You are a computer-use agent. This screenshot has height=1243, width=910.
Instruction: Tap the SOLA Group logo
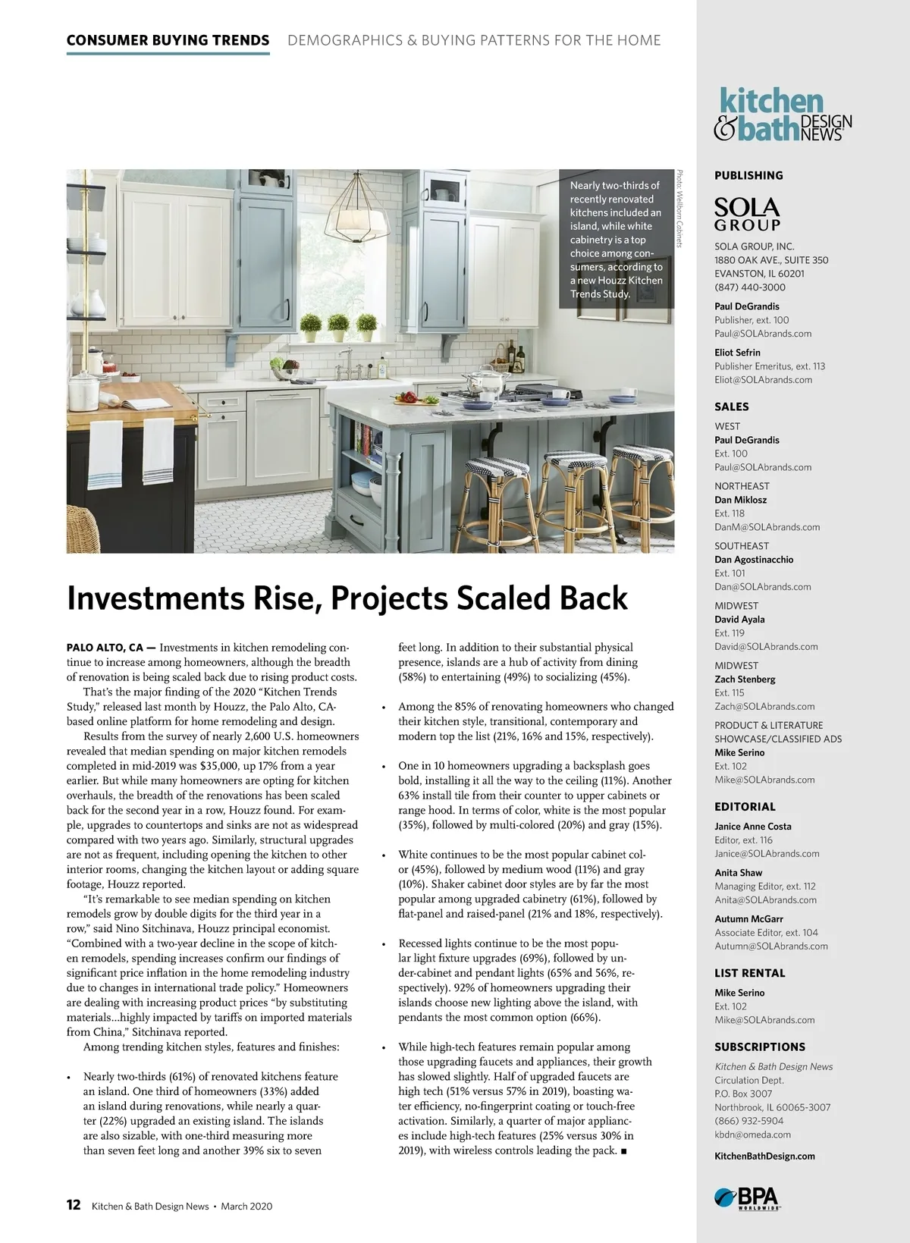[x=747, y=214]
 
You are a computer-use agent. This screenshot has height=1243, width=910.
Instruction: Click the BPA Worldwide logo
[x=748, y=1197]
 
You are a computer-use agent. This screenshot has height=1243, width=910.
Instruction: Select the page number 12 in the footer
[x=74, y=1205]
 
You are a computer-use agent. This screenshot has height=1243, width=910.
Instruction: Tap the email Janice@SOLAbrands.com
[x=767, y=853]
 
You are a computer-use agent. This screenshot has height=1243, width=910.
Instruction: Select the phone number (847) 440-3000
[x=749, y=287]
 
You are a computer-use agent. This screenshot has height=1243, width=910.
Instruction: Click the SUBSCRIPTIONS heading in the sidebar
[x=759, y=1047]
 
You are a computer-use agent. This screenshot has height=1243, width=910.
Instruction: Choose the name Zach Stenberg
[x=745, y=679]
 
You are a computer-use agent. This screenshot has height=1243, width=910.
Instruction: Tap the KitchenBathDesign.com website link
[x=764, y=1156]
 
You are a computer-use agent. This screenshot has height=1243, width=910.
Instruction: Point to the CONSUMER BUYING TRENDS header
[x=168, y=40]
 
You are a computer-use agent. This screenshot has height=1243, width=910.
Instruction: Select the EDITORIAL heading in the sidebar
[x=745, y=807]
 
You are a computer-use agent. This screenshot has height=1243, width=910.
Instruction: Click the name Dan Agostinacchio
[x=754, y=559]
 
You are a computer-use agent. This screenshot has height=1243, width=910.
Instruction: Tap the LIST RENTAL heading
[x=749, y=973]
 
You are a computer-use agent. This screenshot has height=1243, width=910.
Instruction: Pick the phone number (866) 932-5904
[x=749, y=1121]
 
